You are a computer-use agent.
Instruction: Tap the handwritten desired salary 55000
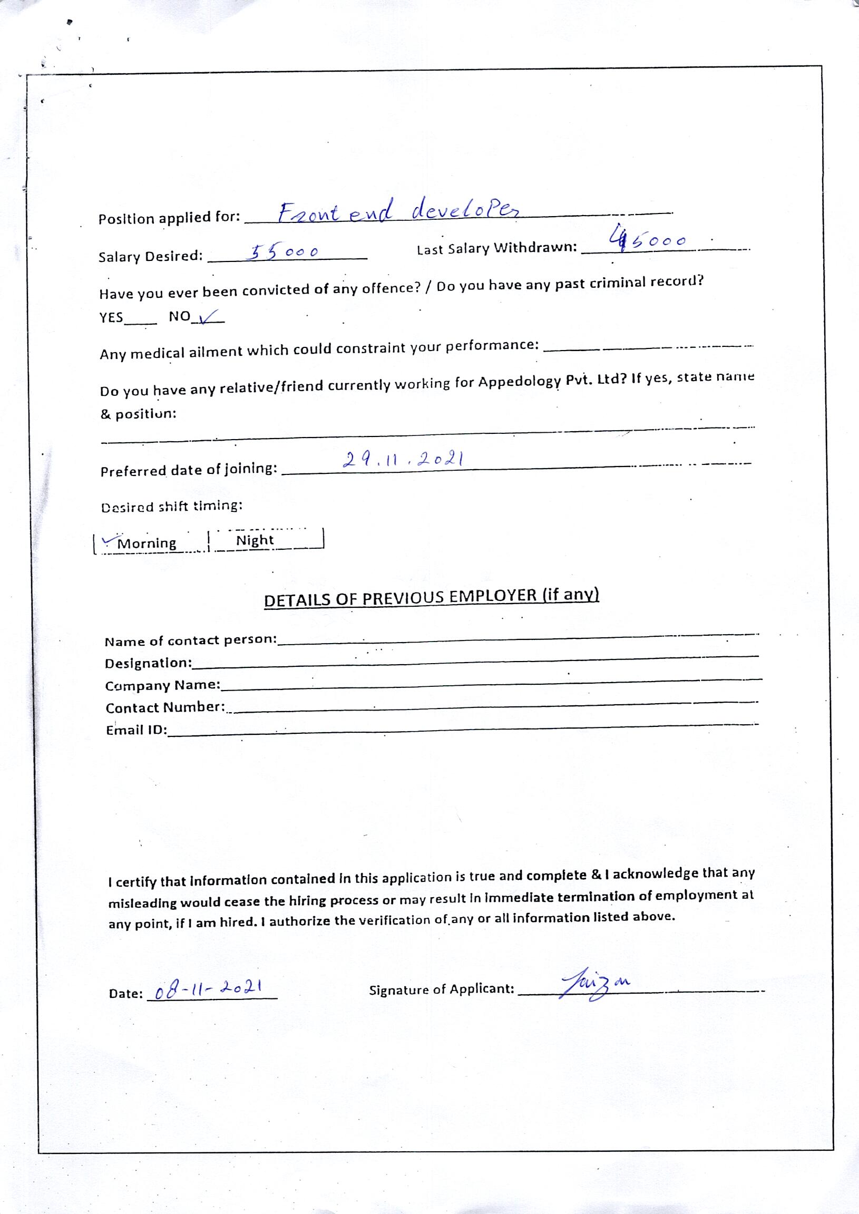click(x=284, y=252)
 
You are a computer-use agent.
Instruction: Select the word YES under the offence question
click(x=111, y=317)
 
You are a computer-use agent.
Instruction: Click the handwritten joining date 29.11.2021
click(x=404, y=459)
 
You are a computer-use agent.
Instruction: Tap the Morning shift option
click(x=147, y=543)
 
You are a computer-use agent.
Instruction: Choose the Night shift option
click(x=255, y=540)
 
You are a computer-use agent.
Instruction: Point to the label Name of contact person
click(x=190, y=640)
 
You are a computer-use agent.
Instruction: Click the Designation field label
click(x=148, y=663)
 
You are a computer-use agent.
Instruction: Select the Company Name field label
click(x=162, y=685)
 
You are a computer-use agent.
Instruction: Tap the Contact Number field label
click(x=165, y=707)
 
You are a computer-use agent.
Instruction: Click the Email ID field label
click(x=136, y=730)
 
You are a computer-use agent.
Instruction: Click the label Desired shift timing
click(x=171, y=506)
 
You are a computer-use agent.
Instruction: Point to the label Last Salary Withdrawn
click(x=496, y=248)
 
